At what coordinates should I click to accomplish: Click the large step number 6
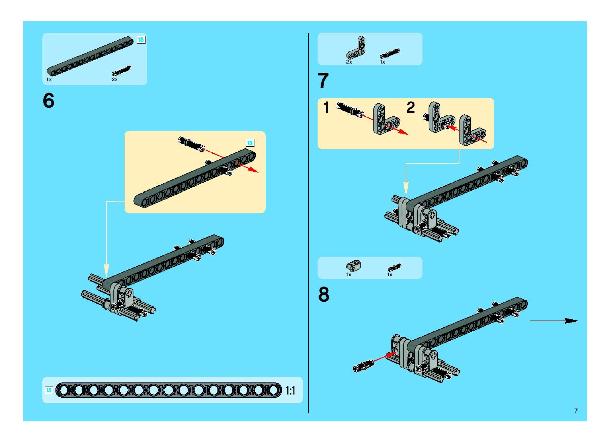pyautogui.click(x=49, y=101)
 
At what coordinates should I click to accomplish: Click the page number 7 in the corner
pyautogui.click(x=576, y=411)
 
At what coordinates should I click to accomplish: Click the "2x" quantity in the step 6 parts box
pyautogui.click(x=115, y=80)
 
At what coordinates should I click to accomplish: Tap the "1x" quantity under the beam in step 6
pyautogui.click(x=49, y=80)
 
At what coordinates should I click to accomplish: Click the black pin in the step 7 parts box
pyautogui.click(x=390, y=53)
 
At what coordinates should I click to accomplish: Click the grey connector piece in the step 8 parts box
pyautogui.click(x=353, y=266)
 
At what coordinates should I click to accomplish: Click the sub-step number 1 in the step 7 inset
pyautogui.click(x=326, y=107)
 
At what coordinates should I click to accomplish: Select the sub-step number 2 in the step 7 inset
pyautogui.click(x=410, y=107)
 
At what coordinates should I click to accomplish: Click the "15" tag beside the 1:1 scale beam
pyautogui.click(x=49, y=390)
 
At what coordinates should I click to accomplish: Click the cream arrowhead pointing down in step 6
pyautogui.click(x=107, y=270)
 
